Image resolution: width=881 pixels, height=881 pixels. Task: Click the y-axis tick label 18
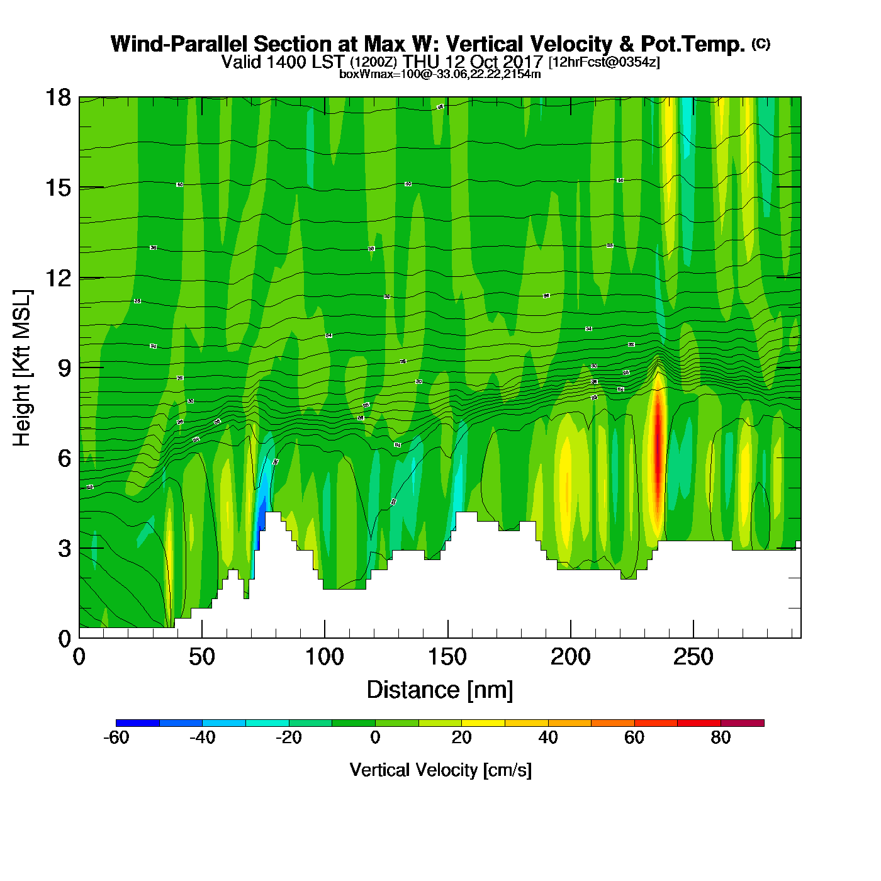tap(57, 98)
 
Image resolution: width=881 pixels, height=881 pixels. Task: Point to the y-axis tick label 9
tap(64, 368)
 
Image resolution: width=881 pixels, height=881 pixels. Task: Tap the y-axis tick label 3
tap(64, 549)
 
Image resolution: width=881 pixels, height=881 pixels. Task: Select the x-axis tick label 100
tap(324, 658)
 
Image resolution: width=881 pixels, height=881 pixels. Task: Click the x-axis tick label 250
tap(693, 658)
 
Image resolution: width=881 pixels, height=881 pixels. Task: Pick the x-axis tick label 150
tap(447, 658)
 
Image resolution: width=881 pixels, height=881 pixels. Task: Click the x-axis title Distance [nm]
tap(440, 690)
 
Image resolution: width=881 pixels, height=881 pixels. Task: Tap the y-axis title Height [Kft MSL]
tap(22, 368)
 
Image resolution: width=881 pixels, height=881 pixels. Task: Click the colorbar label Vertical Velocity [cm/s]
tap(441, 770)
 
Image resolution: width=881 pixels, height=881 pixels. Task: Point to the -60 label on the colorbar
tap(116, 738)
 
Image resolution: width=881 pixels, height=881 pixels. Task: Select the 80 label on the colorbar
tap(721, 738)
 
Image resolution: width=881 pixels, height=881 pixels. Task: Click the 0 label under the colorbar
tap(375, 738)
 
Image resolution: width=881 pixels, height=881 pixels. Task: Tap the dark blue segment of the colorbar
tap(137, 723)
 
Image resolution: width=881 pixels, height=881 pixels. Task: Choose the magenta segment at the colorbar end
tap(742, 723)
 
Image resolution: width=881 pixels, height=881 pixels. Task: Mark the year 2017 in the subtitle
tap(522, 62)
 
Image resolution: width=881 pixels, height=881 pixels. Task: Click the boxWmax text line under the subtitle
tap(440, 74)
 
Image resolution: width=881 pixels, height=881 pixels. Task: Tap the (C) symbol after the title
tap(760, 43)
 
